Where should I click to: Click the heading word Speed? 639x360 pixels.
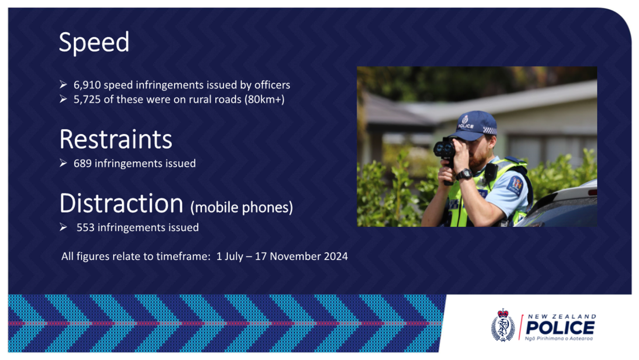click(94, 42)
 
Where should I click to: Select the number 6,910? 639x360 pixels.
click(87, 85)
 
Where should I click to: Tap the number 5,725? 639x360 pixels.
click(87, 99)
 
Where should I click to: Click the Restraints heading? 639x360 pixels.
click(116, 139)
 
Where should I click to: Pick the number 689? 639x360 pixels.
click(83, 163)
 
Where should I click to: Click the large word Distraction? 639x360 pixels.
click(121, 203)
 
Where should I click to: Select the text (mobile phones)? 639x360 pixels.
click(242, 207)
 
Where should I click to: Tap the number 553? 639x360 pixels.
click(85, 228)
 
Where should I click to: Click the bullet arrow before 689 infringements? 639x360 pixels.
click(63, 163)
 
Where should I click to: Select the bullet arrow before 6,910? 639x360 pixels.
click(63, 85)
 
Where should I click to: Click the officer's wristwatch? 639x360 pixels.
click(465, 174)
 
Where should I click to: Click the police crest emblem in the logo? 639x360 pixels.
click(503, 325)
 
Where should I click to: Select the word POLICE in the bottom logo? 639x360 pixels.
click(560, 328)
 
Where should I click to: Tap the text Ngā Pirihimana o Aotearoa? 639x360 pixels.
click(559, 339)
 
